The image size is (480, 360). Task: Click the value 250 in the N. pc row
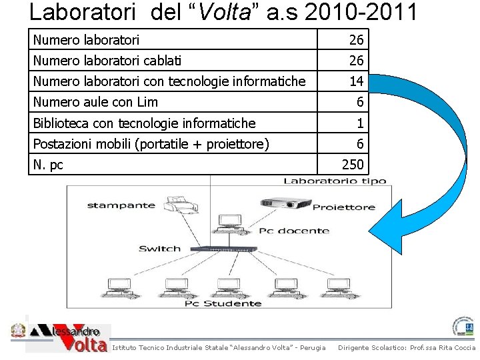coord(353,164)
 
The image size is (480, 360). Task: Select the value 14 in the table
coord(356,81)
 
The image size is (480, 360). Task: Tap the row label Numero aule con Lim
coord(95,102)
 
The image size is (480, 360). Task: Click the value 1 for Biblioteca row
coord(360,123)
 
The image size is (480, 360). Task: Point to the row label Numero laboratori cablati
coord(107,61)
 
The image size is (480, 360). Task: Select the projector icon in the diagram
coord(285,203)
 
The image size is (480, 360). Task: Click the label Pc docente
coord(294,231)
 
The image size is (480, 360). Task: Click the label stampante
coord(121,205)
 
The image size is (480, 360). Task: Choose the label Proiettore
coord(343,207)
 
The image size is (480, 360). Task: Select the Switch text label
coord(159,249)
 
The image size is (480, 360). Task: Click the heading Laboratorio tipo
coord(334,181)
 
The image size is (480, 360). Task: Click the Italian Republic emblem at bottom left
coord(17,331)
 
